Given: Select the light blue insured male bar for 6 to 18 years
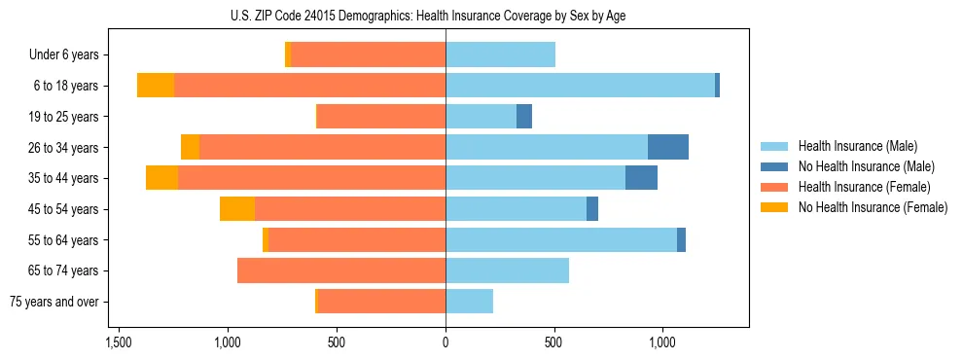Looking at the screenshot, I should click(x=580, y=86).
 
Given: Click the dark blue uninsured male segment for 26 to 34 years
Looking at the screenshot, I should click(x=668, y=147).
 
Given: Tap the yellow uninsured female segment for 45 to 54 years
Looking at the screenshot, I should click(x=237, y=208).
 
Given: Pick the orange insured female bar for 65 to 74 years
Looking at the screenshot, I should click(x=341, y=270).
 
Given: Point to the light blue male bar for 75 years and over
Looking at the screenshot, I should click(x=469, y=302).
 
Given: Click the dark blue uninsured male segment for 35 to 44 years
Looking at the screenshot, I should click(x=641, y=178).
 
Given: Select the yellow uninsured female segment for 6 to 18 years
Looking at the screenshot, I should click(x=156, y=86).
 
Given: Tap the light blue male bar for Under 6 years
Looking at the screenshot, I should click(x=500, y=54).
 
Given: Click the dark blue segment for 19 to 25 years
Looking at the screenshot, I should click(x=524, y=117).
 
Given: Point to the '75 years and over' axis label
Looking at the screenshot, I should click(x=54, y=302).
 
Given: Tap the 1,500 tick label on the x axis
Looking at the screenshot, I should click(x=119, y=342).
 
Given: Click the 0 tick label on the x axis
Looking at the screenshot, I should click(x=446, y=342).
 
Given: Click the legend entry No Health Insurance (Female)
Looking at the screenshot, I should click(x=873, y=207).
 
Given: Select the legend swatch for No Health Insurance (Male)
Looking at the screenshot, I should click(x=774, y=166).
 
